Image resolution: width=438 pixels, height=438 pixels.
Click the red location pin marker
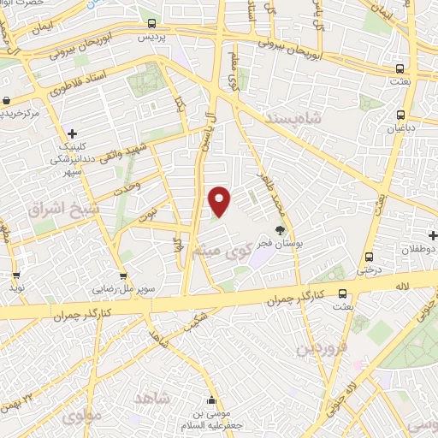coord(220,201)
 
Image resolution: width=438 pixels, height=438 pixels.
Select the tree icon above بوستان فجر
coord(280,229)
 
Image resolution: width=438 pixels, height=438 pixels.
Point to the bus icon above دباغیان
coord(400,114)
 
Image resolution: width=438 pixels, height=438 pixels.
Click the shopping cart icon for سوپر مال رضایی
coord(124,275)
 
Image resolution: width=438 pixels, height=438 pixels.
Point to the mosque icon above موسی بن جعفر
coord(211,400)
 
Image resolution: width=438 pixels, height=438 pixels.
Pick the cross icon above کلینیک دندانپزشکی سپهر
coord(73,133)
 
